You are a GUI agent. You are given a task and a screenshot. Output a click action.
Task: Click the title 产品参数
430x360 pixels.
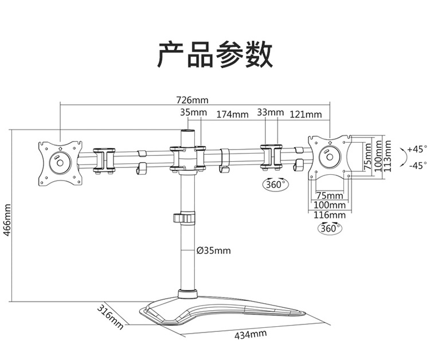click(215, 54)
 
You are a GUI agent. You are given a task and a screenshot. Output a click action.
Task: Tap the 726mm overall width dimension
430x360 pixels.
click(192, 100)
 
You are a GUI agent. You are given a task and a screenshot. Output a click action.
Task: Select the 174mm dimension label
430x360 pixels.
click(233, 114)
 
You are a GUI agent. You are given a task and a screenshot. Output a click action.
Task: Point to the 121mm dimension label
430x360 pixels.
click(306, 114)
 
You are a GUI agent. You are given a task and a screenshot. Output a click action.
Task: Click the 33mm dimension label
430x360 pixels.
click(271, 112)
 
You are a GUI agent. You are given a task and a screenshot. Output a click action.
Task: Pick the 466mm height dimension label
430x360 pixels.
click(7, 220)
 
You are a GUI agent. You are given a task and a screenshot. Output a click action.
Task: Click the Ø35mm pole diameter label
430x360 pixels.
click(214, 251)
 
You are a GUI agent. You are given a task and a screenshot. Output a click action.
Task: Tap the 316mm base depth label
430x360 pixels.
click(110, 316)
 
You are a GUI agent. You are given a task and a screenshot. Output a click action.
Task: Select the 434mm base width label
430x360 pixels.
click(251, 335)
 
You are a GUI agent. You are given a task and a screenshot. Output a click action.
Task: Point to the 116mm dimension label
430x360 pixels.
click(329, 215)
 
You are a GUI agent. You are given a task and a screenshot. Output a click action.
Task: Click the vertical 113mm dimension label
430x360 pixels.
click(387, 156)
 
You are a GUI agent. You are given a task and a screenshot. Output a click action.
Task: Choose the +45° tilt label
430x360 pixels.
click(417, 150)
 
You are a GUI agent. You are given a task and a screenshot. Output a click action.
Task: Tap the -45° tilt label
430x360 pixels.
click(417, 166)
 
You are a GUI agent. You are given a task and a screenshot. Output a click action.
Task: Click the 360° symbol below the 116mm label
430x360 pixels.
click(330, 228)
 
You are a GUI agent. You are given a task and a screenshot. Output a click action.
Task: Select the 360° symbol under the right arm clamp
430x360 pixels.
click(276, 184)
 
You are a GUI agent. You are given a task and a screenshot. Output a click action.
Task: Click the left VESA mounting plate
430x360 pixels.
click(60, 163)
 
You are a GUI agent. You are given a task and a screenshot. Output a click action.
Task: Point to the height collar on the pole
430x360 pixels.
click(184, 218)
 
